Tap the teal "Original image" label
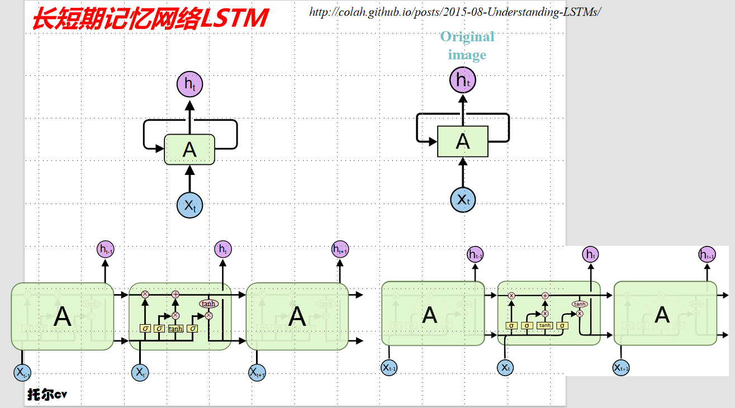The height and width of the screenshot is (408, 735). click(x=467, y=45)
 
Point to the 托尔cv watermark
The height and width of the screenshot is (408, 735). click(x=48, y=395)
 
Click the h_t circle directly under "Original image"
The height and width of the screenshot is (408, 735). click(x=462, y=80)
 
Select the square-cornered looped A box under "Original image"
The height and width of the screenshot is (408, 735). click(x=462, y=141)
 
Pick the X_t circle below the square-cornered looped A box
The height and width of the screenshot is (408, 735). click(x=463, y=199)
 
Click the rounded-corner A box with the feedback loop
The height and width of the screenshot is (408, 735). click(x=189, y=149)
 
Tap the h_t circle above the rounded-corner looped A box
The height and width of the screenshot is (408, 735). click(x=189, y=84)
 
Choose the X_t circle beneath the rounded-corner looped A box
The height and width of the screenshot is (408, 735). click(x=189, y=205)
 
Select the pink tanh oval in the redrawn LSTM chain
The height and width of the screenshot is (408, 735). click(x=208, y=303)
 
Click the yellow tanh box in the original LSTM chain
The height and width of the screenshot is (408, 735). click(x=545, y=325)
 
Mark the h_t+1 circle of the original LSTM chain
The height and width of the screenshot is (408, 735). click(x=707, y=255)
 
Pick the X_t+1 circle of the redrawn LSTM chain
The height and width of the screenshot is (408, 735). click(x=256, y=372)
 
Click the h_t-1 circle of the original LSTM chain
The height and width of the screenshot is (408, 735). click(x=476, y=255)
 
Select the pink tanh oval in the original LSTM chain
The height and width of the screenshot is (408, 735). click(x=580, y=304)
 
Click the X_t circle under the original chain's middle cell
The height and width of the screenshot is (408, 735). click(x=505, y=367)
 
